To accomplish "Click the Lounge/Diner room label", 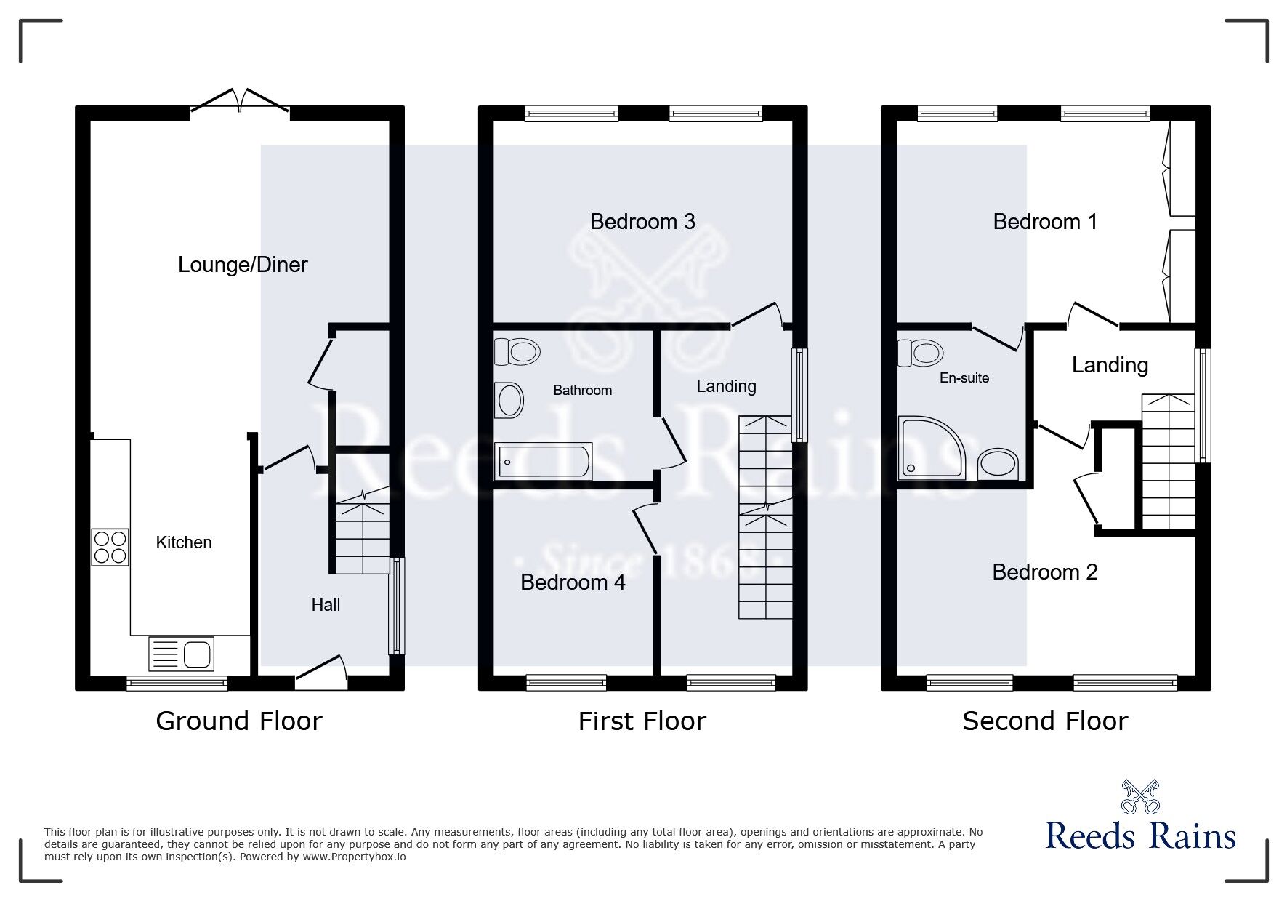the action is click(x=243, y=265).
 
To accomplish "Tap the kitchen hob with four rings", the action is click(x=110, y=548).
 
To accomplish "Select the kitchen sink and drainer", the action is click(x=182, y=653).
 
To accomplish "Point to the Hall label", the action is click(x=326, y=605).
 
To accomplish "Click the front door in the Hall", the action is click(x=320, y=673).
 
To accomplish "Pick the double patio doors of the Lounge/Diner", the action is click(x=240, y=101).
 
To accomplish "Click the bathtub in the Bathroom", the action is click(x=543, y=461).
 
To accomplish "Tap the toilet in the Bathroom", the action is click(x=517, y=352).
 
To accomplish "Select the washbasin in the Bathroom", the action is click(x=509, y=400).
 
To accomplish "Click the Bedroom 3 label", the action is click(x=642, y=221).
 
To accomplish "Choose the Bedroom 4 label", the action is click(x=573, y=582).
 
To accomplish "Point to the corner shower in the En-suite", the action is click(x=932, y=448).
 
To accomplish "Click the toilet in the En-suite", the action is click(x=920, y=353).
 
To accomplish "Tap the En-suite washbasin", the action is click(x=998, y=464).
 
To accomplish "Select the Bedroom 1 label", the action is click(x=1045, y=222).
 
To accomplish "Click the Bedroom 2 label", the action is click(x=1045, y=572).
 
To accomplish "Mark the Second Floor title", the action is click(x=1045, y=721).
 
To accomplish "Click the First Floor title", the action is click(x=642, y=721).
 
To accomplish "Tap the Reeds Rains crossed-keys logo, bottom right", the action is click(x=1140, y=797).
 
